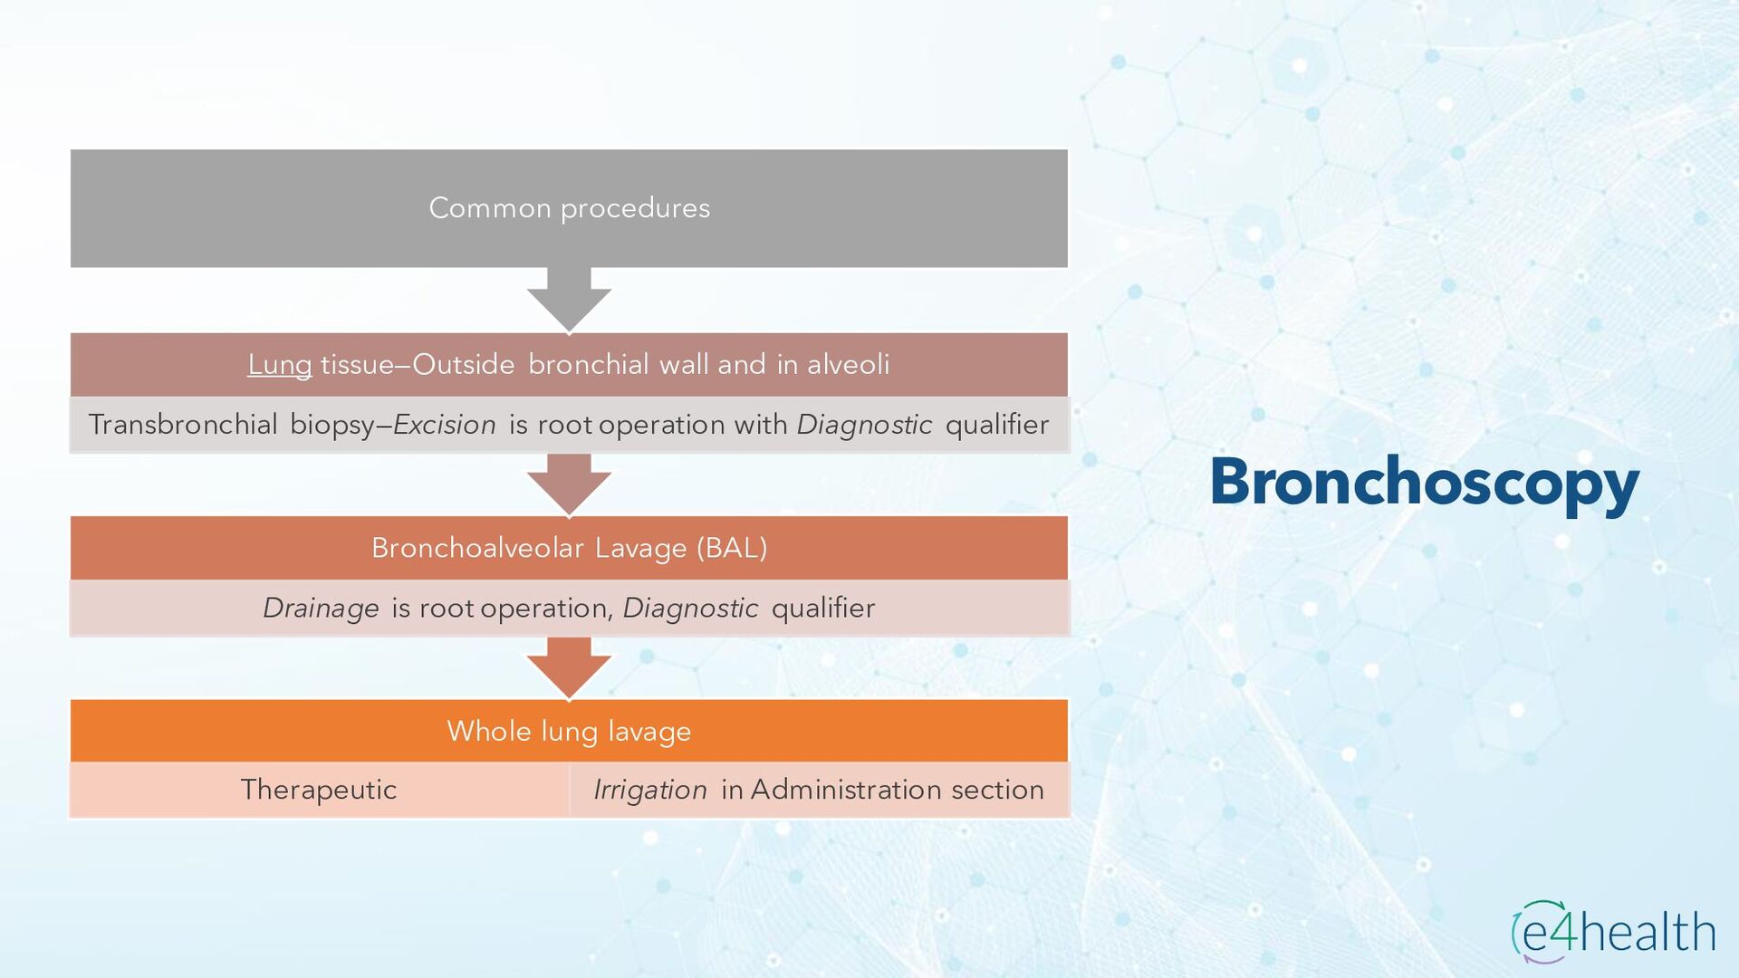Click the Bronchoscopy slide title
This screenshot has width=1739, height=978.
[x=1424, y=482]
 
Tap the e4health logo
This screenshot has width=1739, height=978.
[x=1613, y=932]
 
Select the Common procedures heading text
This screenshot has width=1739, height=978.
[x=569, y=208]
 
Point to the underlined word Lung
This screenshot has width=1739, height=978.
[x=279, y=365]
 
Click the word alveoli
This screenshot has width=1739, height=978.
[x=848, y=365]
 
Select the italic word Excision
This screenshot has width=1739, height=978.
[x=445, y=425]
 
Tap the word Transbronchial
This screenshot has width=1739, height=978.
[x=183, y=425]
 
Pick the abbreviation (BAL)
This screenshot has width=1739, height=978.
[x=732, y=548]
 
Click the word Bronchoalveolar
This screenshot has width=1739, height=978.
[x=477, y=548]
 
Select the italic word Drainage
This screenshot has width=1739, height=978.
[x=321, y=608]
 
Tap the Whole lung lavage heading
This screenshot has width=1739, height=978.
[x=569, y=731]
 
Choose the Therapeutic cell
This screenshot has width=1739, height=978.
[x=319, y=790]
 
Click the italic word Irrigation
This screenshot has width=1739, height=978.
[x=650, y=790]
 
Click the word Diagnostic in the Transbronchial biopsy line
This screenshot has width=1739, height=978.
[x=864, y=425]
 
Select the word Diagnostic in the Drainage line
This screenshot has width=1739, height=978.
[x=690, y=608]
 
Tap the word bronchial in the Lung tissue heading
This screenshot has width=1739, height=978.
[x=589, y=365]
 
